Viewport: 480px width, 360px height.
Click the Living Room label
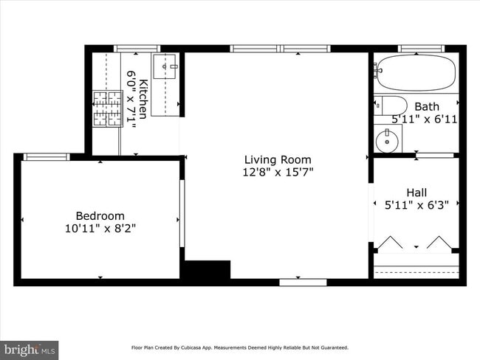(x=278, y=159)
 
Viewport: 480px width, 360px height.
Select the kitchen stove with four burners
(x=108, y=108)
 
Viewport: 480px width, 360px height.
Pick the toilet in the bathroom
(x=390, y=105)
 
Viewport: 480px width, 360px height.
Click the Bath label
(x=426, y=107)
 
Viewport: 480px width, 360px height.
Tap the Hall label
(x=416, y=193)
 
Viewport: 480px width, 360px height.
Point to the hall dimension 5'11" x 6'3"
(x=416, y=206)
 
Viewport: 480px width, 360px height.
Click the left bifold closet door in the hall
(x=391, y=242)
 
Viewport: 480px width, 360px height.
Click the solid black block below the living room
(x=206, y=269)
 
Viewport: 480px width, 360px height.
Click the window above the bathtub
(x=420, y=49)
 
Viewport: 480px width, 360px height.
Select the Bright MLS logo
(x=30, y=348)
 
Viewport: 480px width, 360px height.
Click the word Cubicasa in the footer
(x=205, y=347)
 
